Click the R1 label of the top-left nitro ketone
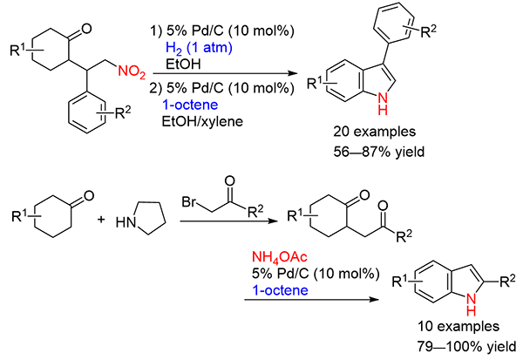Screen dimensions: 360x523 [18, 39]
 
